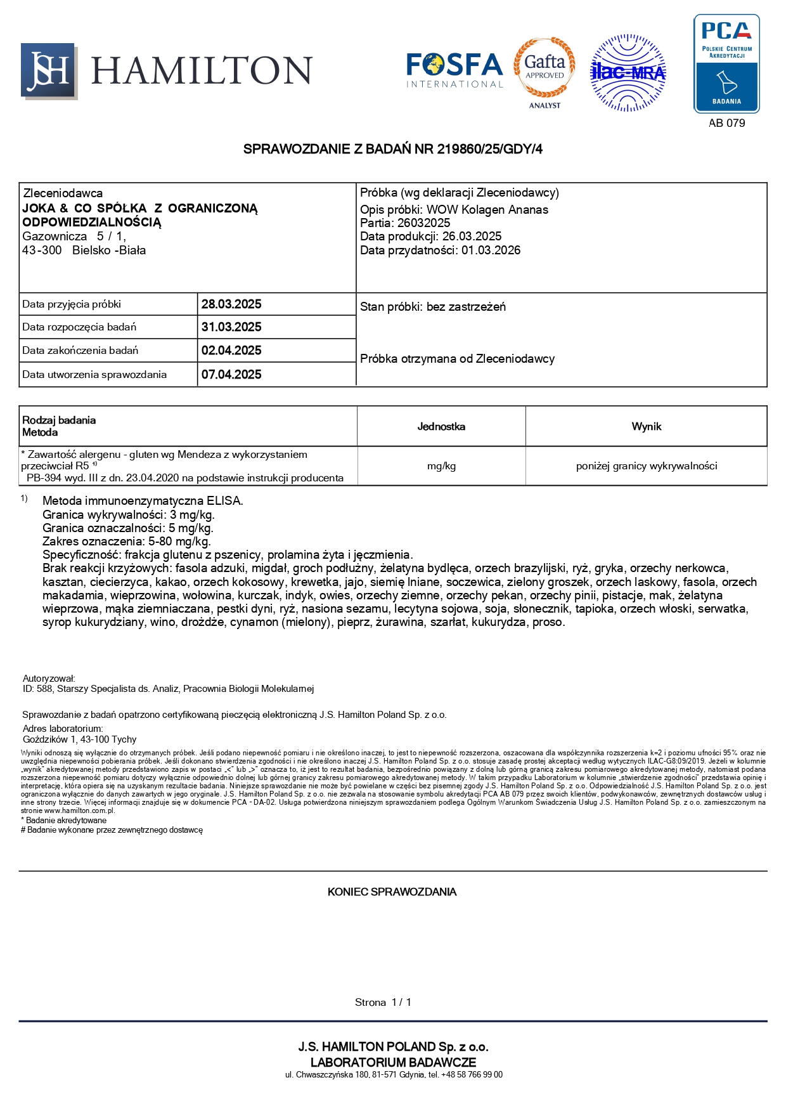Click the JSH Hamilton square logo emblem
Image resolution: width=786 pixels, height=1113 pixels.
pyautogui.click(x=49, y=71)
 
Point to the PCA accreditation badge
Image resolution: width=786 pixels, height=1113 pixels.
pyautogui.click(x=726, y=63)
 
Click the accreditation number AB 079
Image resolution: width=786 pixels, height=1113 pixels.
pyautogui.click(x=726, y=123)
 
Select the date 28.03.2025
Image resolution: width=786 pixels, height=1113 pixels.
pyautogui.click(x=231, y=304)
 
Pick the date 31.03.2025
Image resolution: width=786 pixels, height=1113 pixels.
pyautogui.click(x=231, y=327)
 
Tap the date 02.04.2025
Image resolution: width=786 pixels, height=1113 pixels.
pyautogui.click(x=231, y=351)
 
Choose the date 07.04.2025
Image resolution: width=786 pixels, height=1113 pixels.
pyautogui.click(x=231, y=375)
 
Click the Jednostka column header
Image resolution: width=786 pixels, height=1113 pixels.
pyautogui.click(x=441, y=427)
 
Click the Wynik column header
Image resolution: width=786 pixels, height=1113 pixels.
pyautogui.click(x=646, y=427)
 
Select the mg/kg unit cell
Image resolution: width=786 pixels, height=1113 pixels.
pyautogui.click(x=441, y=466)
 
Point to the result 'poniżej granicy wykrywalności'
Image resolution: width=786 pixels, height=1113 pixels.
pyautogui.click(x=646, y=466)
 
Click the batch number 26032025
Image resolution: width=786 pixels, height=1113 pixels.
pyautogui.click(x=423, y=223)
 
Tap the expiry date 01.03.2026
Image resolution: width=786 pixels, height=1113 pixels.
pyautogui.click(x=491, y=251)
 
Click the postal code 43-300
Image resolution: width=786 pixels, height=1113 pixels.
pyautogui.click(x=42, y=251)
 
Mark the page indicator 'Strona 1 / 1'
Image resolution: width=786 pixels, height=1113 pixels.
pyautogui.click(x=383, y=1003)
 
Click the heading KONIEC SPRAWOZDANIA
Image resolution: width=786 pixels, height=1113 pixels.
pyautogui.click(x=392, y=892)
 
